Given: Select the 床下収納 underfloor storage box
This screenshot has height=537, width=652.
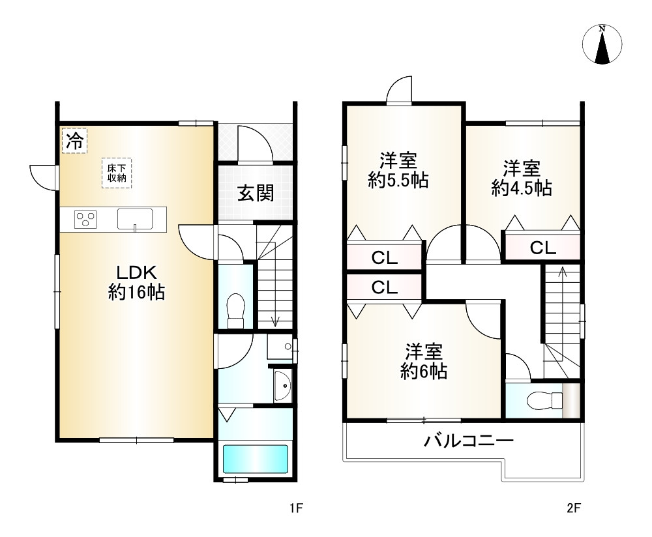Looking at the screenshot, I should point(117,173).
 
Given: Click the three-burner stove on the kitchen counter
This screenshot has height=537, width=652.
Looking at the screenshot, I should point(85,219).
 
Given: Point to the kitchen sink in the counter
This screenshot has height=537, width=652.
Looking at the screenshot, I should point(135,219).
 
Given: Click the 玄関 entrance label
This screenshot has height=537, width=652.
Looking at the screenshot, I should point(255,193).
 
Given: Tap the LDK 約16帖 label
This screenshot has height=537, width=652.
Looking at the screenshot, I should point(136,282).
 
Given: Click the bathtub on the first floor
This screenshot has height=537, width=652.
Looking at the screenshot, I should point(256,459).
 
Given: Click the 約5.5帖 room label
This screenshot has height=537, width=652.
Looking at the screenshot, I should point(398,171).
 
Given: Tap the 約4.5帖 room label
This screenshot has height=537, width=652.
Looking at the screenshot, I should point(522,179).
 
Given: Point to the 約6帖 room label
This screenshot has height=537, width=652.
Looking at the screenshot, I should point(424,362).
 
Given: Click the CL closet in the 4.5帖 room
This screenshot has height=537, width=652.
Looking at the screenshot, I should point(542,248).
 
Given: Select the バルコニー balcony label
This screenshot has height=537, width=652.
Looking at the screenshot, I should point(469,441).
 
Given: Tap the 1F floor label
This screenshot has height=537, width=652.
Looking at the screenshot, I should point(297,508).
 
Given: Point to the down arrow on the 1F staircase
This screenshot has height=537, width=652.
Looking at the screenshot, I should point(275,319).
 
